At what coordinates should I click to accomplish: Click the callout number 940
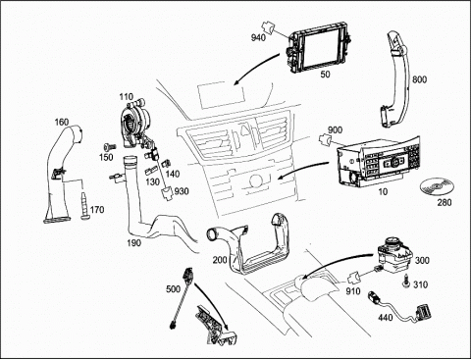[258, 37]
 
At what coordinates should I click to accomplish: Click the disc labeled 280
[437, 187]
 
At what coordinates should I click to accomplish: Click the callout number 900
[335, 130]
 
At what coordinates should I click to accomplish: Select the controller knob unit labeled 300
[394, 255]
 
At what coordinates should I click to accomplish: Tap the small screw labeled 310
[406, 282]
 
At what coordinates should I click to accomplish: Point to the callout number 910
[353, 290]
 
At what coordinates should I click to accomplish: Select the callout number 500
[173, 288]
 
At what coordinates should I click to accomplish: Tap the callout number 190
[133, 243]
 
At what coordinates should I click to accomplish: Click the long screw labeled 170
[84, 206]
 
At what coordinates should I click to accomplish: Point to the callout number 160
[62, 122]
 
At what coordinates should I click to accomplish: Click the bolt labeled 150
[110, 147]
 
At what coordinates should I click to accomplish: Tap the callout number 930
[182, 191]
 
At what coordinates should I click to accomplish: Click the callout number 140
[173, 174]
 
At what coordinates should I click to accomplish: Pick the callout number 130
[152, 181]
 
